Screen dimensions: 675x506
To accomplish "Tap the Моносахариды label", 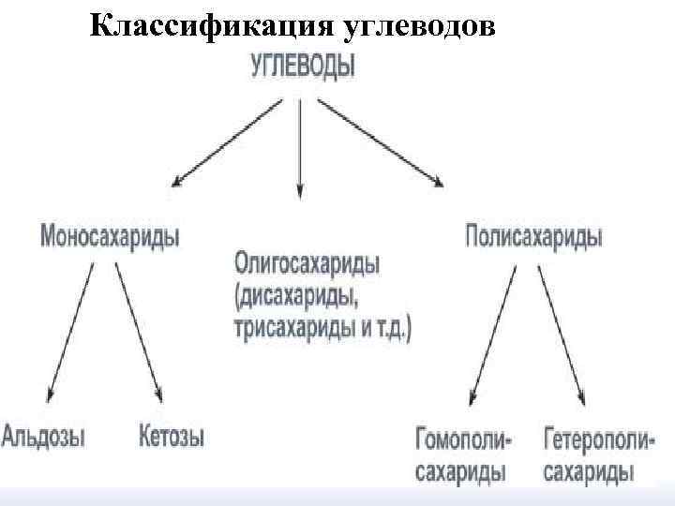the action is [x=110, y=235].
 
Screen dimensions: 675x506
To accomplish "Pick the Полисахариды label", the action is [x=533, y=234].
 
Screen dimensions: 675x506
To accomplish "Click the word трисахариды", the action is [x=289, y=329].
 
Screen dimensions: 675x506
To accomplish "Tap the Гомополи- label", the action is [x=462, y=437].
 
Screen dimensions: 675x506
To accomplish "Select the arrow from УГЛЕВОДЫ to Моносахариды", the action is [x=225, y=141].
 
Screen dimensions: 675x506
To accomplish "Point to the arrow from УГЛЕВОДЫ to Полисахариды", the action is [x=380, y=141].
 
